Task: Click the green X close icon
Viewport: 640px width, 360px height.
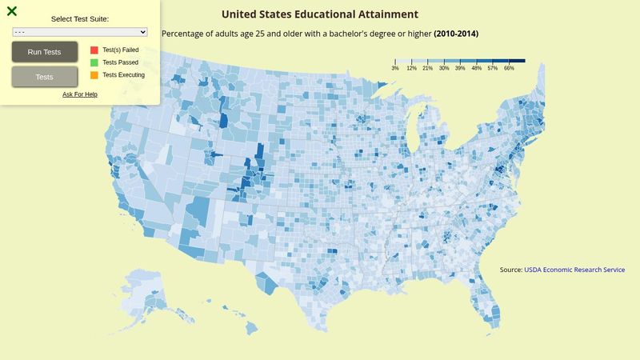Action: (x=12, y=11)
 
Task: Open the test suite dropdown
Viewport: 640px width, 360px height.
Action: (x=80, y=32)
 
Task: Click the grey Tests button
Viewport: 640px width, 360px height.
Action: (x=45, y=77)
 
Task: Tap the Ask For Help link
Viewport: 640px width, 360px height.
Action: (x=80, y=94)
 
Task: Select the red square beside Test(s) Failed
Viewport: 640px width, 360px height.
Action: (x=94, y=50)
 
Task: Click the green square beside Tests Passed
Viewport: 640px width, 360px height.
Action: (x=94, y=62)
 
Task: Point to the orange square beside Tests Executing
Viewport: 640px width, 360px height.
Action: (x=94, y=75)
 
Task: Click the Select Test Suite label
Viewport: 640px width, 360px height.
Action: (x=80, y=18)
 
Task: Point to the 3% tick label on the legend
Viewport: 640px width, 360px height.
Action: (x=395, y=69)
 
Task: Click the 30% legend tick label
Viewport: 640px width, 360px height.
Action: (x=444, y=69)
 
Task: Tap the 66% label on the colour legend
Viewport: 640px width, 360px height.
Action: (x=509, y=69)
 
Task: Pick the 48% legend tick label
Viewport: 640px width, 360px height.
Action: (x=477, y=69)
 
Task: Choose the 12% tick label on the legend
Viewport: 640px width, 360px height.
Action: (x=411, y=69)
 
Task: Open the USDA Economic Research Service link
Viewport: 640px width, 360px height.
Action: (x=574, y=270)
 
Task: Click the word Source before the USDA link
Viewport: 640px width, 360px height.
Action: (x=510, y=270)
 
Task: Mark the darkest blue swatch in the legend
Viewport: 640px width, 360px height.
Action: (x=517, y=60)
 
